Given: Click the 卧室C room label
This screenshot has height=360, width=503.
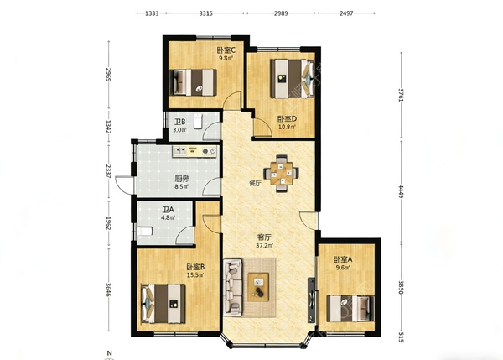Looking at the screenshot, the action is click(226, 50).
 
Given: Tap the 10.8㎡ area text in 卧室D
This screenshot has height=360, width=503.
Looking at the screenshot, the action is click(287, 127).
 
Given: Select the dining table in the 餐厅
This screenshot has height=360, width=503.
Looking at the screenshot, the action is click(282, 174).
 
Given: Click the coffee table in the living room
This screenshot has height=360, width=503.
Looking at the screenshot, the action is click(258, 287).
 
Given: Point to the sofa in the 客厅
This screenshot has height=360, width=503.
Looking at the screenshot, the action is click(233, 287).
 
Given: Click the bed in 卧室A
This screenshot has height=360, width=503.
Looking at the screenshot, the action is click(350, 309).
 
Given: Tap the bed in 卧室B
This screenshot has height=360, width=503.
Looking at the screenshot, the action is click(163, 304).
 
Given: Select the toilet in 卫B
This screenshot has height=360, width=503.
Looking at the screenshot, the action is click(197, 121).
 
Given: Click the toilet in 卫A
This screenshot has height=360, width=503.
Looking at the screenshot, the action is click(145, 231).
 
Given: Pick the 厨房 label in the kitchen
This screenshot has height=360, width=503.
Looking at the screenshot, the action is click(181, 180).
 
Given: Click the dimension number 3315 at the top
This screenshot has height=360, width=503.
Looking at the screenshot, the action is click(205, 13).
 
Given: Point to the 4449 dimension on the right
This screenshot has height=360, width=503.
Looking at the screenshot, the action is click(401, 191).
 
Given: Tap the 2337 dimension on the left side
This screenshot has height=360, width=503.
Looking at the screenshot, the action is click(109, 171).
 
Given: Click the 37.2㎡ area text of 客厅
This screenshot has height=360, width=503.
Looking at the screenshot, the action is click(265, 246).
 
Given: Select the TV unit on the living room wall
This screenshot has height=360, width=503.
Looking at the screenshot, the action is click(312, 300).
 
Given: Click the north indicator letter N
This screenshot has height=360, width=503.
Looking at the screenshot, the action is click(109, 353).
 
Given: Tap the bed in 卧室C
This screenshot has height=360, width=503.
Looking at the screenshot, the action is click(193, 82).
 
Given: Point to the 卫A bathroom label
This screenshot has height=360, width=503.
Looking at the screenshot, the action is click(168, 210).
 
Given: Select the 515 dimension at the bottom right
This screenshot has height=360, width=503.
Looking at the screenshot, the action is click(401, 337).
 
